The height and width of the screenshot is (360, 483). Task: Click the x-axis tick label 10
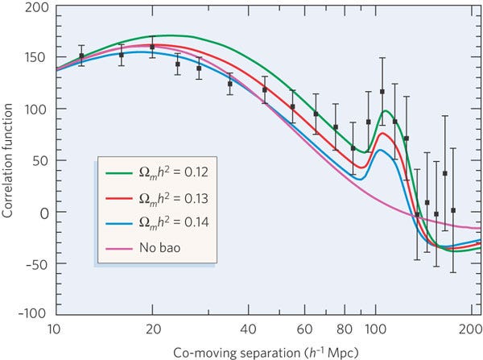(54, 329)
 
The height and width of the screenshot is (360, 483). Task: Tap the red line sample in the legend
(117, 193)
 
